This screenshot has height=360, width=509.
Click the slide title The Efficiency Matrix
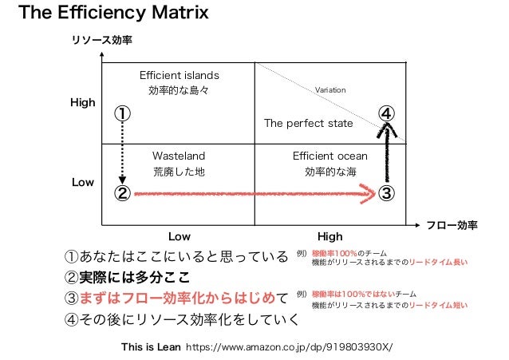[x=113, y=14]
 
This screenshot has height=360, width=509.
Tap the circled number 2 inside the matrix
[x=122, y=192]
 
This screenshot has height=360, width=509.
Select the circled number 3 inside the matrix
[x=385, y=192]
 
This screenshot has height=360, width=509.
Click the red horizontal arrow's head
[x=368, y=192]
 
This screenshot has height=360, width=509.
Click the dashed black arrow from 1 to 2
[x=122, y=152]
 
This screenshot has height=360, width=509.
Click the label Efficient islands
[x=179, y=75]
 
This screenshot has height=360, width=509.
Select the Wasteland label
[x=179, y=156]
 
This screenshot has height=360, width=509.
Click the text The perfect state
[x=308, y=124]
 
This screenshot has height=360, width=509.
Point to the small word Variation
[x=330, y=90]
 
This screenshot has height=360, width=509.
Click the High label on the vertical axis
[x=83, y=103]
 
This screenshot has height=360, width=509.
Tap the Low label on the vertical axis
[x=83, y=183]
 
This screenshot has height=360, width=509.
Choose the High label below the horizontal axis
[x=329, y=236]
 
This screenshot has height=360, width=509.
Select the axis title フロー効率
[x=452, y=226]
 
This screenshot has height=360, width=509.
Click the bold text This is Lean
[x=151, y=348]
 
